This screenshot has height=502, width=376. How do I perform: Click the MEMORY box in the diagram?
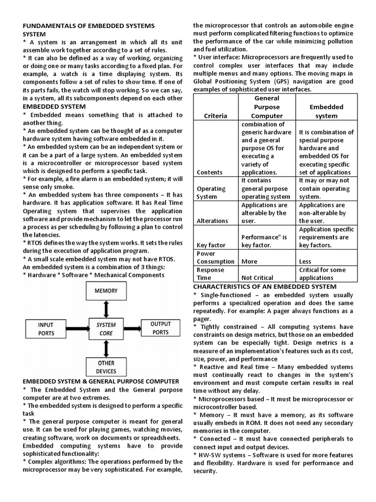[106, 291]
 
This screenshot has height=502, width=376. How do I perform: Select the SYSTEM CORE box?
[106, 329]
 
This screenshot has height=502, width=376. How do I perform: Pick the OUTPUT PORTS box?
[161, 328]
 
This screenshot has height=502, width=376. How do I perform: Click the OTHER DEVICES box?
[106, 367]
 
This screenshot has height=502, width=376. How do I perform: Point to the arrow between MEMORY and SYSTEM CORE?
[106, 309]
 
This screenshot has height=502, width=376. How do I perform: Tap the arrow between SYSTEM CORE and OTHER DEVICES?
[106, 347]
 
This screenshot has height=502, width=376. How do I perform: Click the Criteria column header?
[216, 116]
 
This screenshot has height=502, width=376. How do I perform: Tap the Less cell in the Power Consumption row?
[305, 261]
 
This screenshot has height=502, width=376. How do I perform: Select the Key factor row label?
[211, 245]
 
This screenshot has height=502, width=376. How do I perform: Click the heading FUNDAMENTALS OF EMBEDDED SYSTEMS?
[89, 25]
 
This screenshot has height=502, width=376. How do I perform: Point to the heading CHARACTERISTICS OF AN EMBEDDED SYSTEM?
[264, 286]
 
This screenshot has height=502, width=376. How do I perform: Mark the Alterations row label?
[212, 221]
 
